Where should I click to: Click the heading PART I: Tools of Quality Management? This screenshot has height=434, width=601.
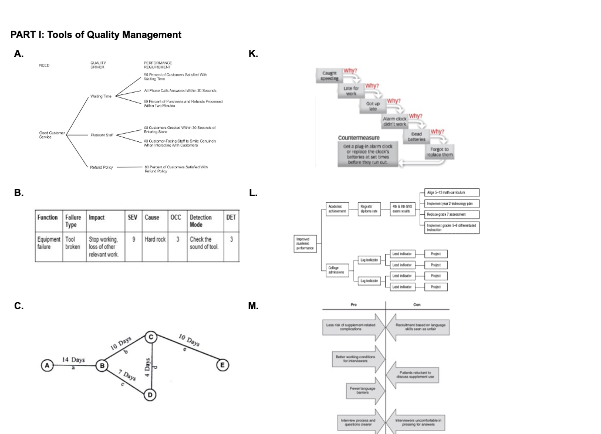point(96,35)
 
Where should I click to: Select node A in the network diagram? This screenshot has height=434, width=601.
point(46,365)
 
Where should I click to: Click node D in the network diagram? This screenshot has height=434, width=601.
point(151,394)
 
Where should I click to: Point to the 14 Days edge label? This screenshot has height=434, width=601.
point(73,360)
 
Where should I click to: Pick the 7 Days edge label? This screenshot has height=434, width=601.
point(126,376)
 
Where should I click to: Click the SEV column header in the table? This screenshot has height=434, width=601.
point(132,217)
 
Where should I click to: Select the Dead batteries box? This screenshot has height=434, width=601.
point(416,135)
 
